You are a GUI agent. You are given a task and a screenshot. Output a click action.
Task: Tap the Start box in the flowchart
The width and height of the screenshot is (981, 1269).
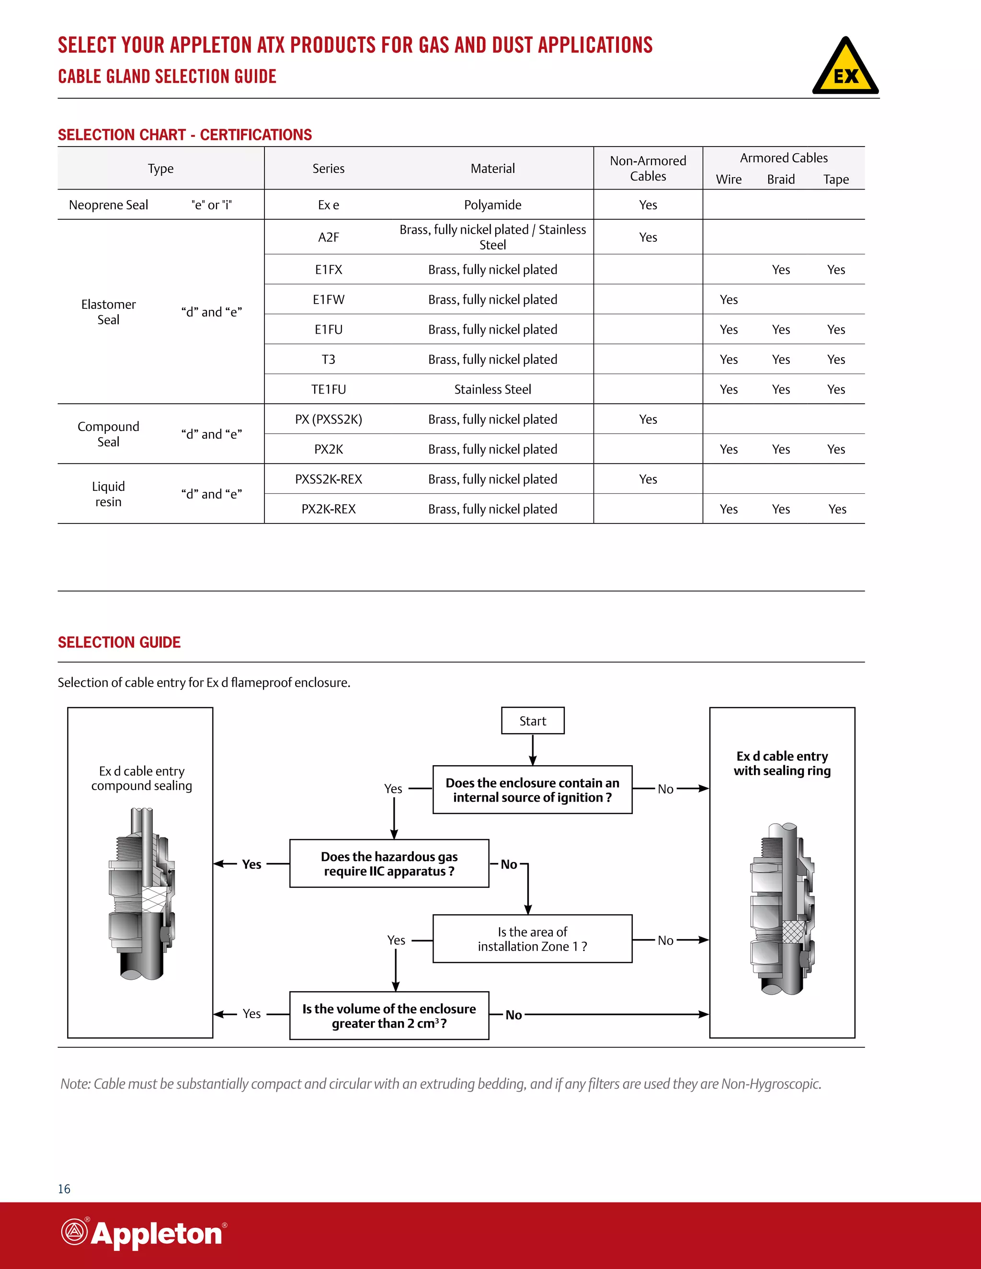click(532, 721)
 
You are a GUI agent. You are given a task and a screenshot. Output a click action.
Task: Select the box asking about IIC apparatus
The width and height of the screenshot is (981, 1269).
click(389, 863)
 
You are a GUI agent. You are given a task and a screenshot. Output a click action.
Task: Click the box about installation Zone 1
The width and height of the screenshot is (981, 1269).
click(532, 939)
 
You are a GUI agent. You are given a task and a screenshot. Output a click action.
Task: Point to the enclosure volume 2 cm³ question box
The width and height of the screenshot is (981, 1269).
click(389, 1016)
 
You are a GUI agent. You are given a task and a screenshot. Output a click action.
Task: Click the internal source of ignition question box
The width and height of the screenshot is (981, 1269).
click(532, 790)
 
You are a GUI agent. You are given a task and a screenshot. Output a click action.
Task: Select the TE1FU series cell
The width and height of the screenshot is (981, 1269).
click(328, 389)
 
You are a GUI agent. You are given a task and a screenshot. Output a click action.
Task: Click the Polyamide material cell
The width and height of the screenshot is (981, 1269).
click(492, 204)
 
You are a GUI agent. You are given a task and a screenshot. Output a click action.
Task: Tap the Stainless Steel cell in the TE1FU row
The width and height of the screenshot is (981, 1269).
click(492, 389)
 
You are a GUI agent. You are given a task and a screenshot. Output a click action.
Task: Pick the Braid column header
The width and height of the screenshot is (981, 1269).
click(780, 180)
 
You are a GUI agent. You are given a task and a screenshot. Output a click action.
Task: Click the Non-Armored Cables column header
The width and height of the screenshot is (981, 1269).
click(648, 169)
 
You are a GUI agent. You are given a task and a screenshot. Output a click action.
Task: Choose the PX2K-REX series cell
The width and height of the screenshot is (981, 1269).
click(328, 509)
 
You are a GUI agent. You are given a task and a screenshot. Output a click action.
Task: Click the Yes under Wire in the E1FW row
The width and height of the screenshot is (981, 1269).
click(729, 299)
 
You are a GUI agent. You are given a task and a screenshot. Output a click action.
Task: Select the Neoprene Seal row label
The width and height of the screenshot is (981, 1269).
click(109, 204)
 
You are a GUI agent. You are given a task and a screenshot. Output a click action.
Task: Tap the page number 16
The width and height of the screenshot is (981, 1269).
click(64, 1189)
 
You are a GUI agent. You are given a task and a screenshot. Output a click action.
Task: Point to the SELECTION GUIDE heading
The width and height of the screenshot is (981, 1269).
click(119, 642)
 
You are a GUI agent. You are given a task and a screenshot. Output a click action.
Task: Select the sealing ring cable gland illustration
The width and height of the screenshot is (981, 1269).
click(782, 909)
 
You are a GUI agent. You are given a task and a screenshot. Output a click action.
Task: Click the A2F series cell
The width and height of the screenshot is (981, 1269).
click(328, 237)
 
